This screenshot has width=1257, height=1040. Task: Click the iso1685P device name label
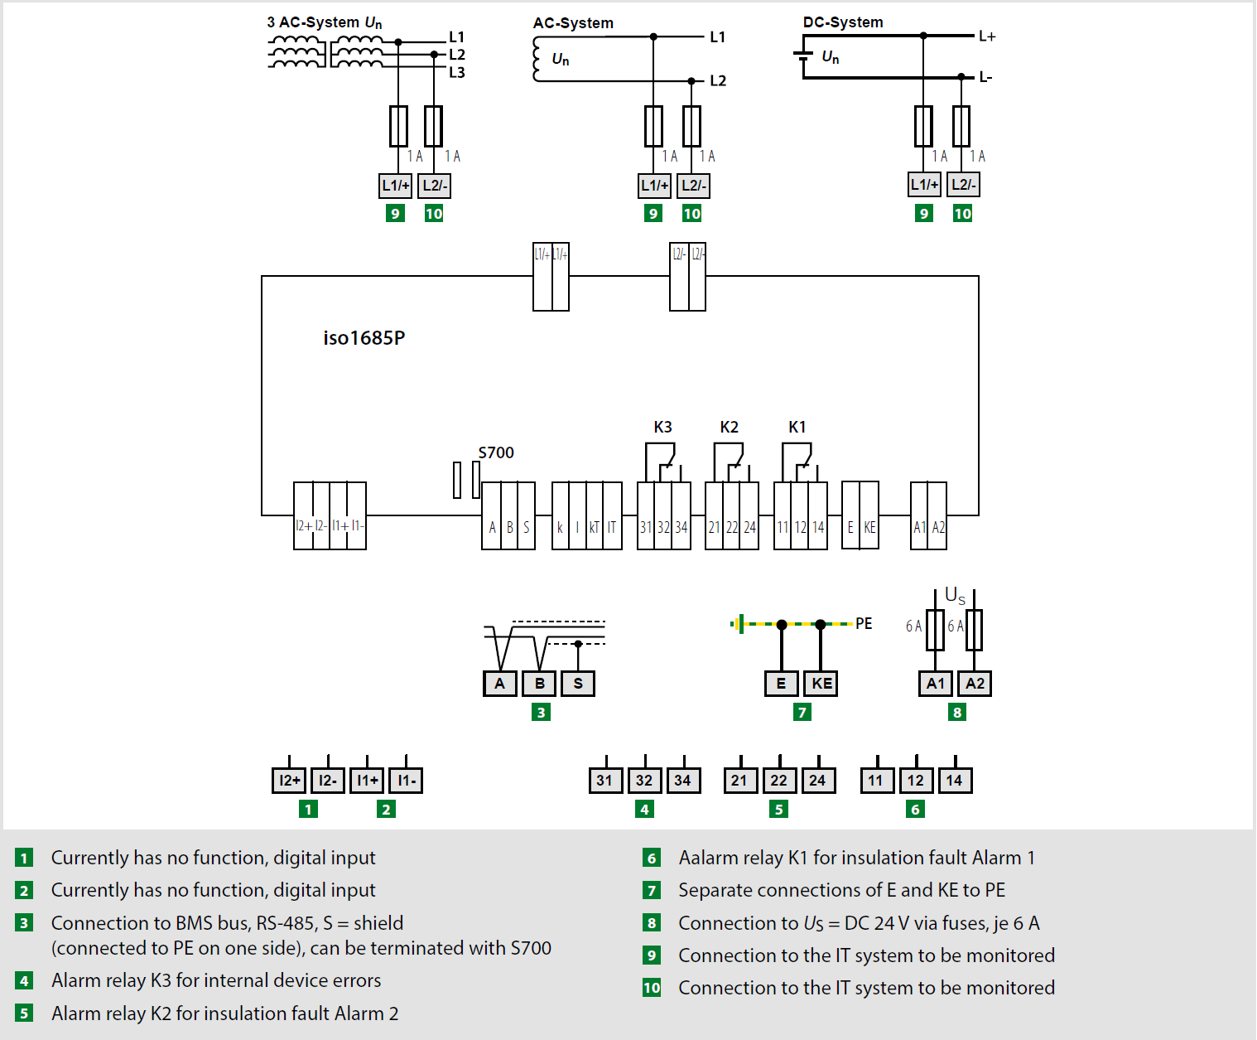364,338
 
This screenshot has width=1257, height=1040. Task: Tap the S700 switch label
496,452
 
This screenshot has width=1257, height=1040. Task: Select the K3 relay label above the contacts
662,428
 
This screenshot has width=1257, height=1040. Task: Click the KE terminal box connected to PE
821,684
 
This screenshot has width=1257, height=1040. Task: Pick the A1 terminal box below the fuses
936,684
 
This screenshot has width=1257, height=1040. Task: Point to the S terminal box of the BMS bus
578,684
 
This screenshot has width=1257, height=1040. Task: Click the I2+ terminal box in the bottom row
289,781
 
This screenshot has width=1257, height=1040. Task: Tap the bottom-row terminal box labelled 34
683,781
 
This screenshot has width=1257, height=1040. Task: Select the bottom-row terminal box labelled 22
779,781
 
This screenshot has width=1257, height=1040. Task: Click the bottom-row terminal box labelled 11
877,781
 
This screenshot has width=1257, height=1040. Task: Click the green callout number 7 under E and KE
802,712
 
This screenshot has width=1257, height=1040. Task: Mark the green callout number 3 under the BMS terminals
541,712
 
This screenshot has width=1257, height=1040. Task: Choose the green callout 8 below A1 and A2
956,712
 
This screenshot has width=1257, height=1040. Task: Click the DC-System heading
843,22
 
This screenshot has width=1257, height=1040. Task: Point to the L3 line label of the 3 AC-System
457,72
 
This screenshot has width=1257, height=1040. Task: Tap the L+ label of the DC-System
987,36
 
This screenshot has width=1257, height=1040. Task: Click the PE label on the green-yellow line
864,624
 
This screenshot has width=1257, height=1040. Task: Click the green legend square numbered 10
652,988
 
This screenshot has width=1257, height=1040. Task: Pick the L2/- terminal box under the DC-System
963,184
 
